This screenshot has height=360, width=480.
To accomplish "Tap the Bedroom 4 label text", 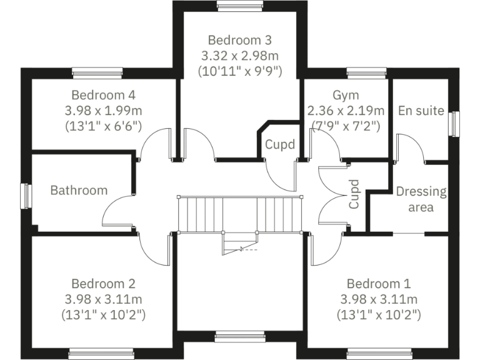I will tap(104, 96).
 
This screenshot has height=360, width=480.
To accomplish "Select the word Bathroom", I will tap(79, 190).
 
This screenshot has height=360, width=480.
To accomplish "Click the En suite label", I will tap(421, 111).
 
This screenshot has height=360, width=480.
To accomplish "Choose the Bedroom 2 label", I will tap(104, 283).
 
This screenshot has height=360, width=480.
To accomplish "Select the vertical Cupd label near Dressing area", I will tap(354, 194).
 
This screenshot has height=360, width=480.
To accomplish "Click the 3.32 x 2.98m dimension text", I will tap(240, 55).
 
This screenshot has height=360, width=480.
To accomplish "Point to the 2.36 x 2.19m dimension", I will tap(345, 111).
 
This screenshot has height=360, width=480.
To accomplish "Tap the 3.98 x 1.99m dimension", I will tap(104, 111).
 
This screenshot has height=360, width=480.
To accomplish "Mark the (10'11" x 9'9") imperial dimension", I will tap(240, 71).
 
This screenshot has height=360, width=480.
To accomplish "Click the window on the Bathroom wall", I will tap(26, 196).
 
